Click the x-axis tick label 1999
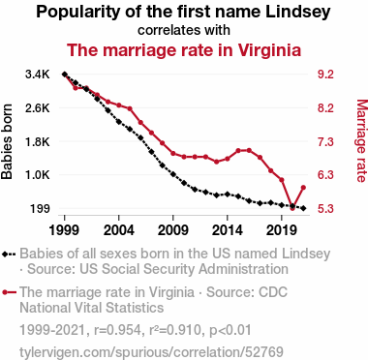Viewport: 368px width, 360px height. pyautogui.click(x=64, y=230)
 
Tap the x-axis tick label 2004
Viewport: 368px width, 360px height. pyautogui.click(x=119, y=230)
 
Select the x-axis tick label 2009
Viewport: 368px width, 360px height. pyautogui.click(x=173, y=230)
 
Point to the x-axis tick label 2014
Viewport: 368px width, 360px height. pyautogui.click(x=228, y=230)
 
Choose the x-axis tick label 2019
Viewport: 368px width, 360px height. pyautogui.click(x=282, y=230)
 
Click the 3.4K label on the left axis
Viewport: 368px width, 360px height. pyautogui.click(x=38, y=75)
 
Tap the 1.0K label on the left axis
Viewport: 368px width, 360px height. pyautogui.click(x=38, y=175)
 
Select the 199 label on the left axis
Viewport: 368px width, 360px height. pyautogui.click(x=41, y=209)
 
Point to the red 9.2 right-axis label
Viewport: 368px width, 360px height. pyautogui.click(x=325, y=75)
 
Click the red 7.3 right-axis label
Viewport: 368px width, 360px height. pyautogui.click(x=325, y=141)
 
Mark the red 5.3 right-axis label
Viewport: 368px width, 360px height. pyautogui.click(x=325, y=209)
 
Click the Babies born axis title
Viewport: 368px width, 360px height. pyautogui.click(x=7, y=141)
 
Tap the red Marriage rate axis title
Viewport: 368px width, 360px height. pyautogui.click(x=361, y=141)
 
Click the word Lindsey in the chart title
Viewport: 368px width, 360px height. pyautogui.click(x=298, y=12)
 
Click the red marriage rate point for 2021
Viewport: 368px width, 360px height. pyautogui.click(x=303, y=188)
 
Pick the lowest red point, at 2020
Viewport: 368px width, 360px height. pyautogui.click(x=292, y=208)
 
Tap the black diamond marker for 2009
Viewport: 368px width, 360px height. pyautogui.click(x=173, y=174)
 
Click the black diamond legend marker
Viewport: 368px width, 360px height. pyautogui.click(x=5, y=255)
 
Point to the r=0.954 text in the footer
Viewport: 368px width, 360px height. pyautogui.click(x=117, y=330)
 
